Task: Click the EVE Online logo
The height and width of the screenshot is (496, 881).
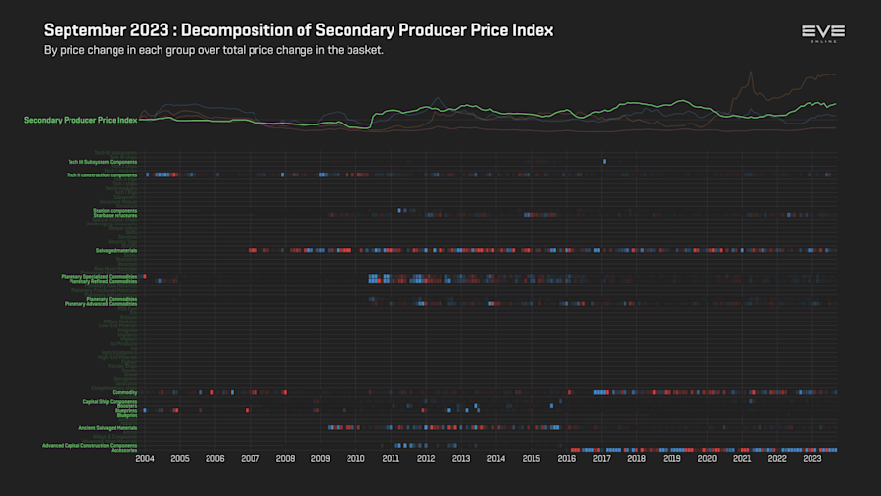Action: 822,34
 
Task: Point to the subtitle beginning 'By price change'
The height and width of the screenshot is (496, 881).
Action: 213,50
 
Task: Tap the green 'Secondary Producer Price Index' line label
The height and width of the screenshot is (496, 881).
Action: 80,120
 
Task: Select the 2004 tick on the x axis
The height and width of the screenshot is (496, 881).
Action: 145,458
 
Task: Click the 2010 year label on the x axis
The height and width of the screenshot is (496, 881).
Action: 355,458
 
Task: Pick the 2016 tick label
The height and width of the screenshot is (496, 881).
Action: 566,458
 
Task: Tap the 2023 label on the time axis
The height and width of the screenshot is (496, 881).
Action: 811,458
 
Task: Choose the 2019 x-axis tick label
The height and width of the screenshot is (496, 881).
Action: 672,458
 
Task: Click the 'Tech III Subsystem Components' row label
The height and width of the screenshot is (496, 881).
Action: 102,161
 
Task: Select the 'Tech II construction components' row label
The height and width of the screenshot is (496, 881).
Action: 102,174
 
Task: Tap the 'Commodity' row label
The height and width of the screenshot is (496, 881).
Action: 124,392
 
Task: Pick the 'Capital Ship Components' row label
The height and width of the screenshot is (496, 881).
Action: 110,401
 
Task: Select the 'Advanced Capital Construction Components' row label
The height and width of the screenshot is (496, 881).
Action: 90,445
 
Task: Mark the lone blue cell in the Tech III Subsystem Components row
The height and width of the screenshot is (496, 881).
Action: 604,161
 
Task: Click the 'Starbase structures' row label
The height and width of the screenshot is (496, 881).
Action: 115,214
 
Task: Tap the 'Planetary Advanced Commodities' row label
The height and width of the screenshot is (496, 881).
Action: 101,304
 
